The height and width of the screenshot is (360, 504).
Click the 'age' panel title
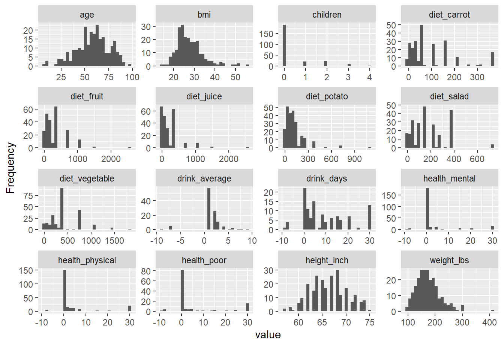tap(87, 15)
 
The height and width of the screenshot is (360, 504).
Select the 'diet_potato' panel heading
tap(327, 96)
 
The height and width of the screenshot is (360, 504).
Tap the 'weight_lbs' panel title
tap(449, 260)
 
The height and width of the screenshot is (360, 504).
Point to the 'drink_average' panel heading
tap(204, 178)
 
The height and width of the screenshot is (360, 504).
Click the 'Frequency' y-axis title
tap(10, 168)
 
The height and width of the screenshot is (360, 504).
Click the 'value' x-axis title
tap(268, 335)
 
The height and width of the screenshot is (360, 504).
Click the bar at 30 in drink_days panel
tap(370, 217)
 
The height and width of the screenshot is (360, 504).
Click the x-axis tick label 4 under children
tap(369, 77)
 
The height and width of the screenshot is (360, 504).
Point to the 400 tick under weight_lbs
tap(489, 322)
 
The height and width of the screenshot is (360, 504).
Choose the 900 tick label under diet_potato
tap(354, 159)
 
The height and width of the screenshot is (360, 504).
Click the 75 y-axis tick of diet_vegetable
tap(28, 196)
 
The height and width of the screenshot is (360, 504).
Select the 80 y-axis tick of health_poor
tap(146, 271)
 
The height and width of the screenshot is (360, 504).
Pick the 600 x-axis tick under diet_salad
tap(477, 159)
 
